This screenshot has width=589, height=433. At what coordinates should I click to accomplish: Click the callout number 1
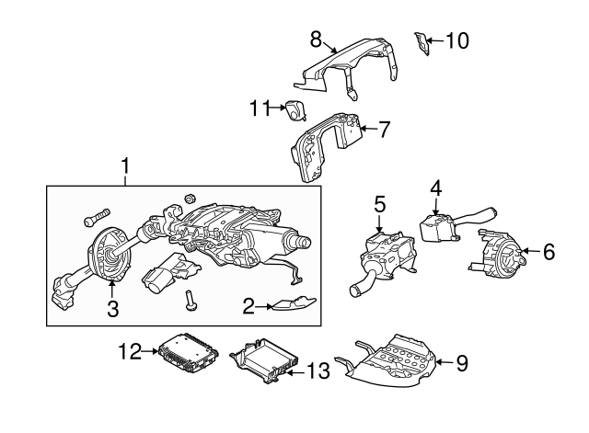[125, 167]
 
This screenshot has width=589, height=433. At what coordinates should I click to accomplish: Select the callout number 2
[247, 305]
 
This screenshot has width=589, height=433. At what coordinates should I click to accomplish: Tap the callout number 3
[112, 310]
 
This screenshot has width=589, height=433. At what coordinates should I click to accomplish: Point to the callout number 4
[435, 188]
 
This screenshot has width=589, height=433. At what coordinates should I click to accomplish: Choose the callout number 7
[385, 129]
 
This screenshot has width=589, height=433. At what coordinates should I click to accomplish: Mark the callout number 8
[316, 39]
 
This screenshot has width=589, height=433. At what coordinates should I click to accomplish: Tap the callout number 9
[462, 363]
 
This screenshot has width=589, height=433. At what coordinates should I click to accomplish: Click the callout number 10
[457, 40]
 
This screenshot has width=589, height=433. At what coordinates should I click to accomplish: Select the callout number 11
[257, 108]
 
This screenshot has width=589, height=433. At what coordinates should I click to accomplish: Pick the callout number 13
[317, 371]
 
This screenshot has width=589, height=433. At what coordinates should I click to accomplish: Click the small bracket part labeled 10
[422, 42]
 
